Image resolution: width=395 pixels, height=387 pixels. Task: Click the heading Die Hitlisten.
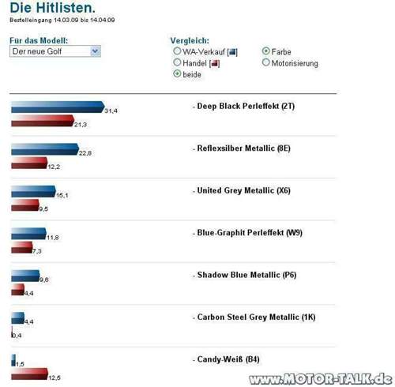click(52, 9)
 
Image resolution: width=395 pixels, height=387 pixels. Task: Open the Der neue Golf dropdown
click(55, 51)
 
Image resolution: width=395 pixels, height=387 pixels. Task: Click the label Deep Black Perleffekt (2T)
click(248, 106)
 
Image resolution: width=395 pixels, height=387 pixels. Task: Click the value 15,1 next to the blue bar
click(62, 195)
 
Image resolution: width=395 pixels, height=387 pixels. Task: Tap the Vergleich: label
click(190, 39)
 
